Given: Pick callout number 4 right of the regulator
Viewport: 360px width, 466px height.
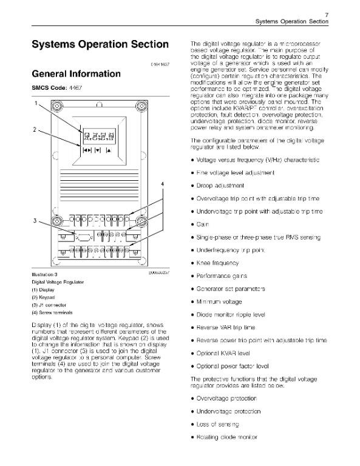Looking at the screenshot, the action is [x=163, y=183].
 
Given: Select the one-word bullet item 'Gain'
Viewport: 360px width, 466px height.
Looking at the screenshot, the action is [x=202, y=225].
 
